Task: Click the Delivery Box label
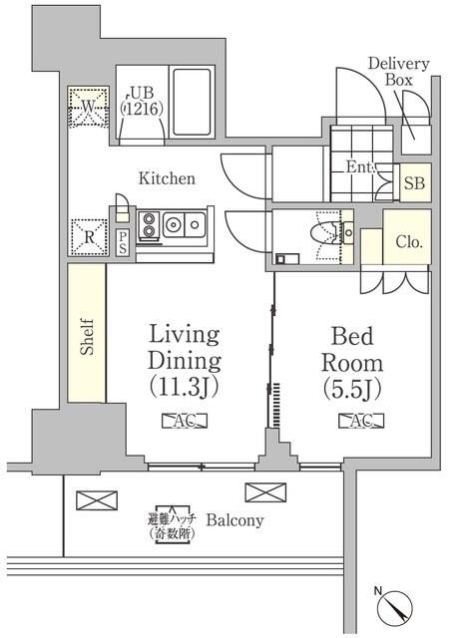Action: point(398,73)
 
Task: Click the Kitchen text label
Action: point(167,179)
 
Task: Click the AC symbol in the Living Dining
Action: point(185,422)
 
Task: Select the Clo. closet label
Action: point(407,241)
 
